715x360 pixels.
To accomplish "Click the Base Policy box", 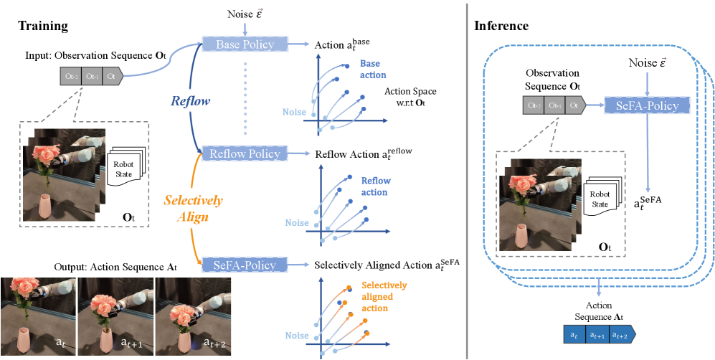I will click(x=245, y=45).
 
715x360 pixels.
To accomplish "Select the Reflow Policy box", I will click(x=245, y=153).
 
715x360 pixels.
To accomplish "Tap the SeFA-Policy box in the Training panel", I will click(x=245, y=265).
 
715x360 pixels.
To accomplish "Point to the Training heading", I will click(x=43, y=26).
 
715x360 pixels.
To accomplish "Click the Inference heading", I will click(x=501, y=27).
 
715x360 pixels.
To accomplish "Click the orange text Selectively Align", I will click(x=194, y=207).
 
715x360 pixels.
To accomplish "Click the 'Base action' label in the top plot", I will click(x=373, y=69).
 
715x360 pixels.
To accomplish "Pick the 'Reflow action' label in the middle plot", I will click(x=374, y=186).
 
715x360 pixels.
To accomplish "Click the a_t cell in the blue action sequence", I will click(x=573, y=334).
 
